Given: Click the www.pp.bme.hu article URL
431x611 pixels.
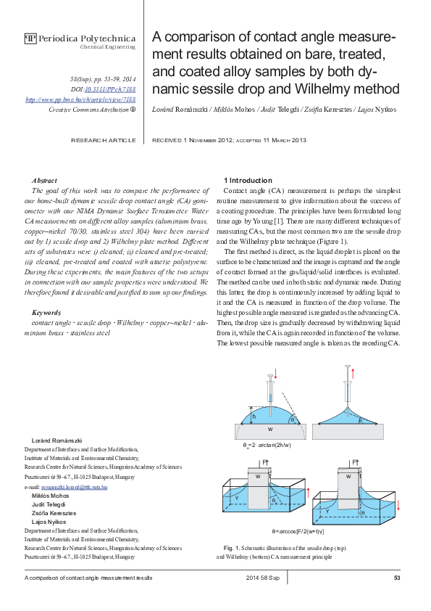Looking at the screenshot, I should [x=80, y=98].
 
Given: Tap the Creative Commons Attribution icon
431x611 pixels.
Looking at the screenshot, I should [x=133, y=109].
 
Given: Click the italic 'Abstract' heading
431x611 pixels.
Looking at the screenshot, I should [x=45, y=180].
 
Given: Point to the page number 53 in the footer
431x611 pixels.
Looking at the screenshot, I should [x=397, y=578].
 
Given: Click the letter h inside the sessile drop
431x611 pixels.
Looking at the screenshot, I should [x=254, y=417].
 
